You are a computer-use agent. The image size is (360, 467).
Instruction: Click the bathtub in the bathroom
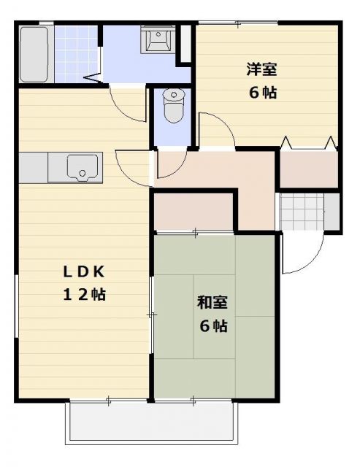(35, 55)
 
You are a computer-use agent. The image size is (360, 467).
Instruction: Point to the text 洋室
(261, 70)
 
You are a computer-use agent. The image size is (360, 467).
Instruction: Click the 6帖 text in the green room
(212, 325)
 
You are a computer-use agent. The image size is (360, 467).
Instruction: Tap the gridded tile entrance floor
(302, 211)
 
